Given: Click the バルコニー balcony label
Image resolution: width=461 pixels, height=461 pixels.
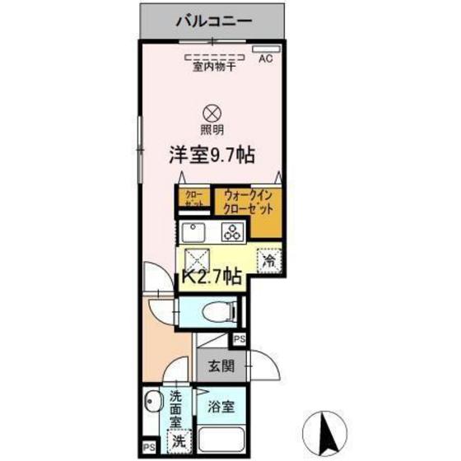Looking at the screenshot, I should [x=213, y=20].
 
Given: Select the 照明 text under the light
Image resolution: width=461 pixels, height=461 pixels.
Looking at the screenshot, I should [x=212, y=130].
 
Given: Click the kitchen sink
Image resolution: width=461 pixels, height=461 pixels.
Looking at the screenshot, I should [x=194, y=230].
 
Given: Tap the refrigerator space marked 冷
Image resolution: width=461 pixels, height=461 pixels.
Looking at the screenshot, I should [x=268, y=259].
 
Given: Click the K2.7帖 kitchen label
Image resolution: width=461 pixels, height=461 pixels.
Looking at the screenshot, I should [x=212, y=277].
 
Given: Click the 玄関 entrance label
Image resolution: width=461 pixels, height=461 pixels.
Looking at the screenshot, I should [x=218, y=367].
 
